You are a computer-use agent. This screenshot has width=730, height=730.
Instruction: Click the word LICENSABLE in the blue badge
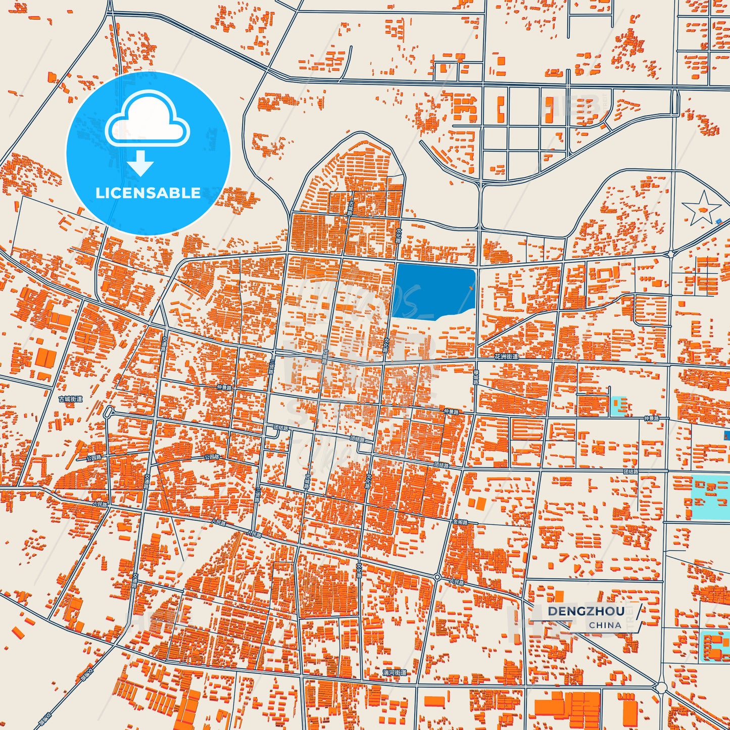click(x=148, y=193)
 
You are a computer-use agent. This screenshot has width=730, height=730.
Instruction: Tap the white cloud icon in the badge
click(x=148, y=119)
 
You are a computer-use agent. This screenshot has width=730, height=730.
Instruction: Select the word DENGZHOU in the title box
click(x=586, y=611)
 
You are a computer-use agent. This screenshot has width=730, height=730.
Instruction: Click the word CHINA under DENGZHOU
click(x=605, y=625)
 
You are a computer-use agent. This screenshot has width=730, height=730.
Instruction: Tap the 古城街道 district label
click(x=71, y=399)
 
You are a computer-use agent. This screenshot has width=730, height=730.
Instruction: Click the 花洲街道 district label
click(x=506, y=357)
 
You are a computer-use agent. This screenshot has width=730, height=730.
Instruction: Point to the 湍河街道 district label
click(x=395, y=673)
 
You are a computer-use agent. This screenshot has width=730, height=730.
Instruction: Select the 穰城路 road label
click(x=475, y=377)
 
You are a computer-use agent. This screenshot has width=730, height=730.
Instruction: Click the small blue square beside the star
click(x=719, y=221)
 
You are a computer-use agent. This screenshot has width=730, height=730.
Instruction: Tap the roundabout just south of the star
click(x=671, y=254)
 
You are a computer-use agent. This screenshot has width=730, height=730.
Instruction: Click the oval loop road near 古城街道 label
click(x=107, y=413)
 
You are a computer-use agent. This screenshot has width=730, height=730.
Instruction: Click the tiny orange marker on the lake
click(x=471, y=287)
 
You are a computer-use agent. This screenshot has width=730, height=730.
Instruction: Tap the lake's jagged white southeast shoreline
click(x=457, y=313)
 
